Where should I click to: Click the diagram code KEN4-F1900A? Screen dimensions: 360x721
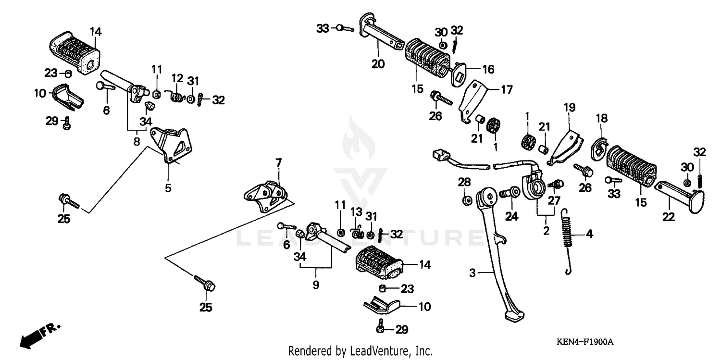585,342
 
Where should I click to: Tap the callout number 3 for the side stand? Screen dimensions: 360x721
472,273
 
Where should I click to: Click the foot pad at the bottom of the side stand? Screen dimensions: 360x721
514,317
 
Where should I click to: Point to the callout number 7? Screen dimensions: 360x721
278,162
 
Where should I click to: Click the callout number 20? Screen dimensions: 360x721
378,63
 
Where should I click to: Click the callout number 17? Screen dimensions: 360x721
507,89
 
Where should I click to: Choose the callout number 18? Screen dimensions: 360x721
602,118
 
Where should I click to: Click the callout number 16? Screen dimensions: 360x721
488,70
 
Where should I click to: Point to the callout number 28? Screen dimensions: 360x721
464,182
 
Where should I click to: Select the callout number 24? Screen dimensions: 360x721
511,217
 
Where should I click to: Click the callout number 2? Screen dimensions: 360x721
546,230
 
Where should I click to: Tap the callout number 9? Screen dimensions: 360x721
316,285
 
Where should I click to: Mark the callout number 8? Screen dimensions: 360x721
137,142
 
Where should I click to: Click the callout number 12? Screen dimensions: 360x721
177,78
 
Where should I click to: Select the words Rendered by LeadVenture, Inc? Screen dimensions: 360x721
360,351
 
